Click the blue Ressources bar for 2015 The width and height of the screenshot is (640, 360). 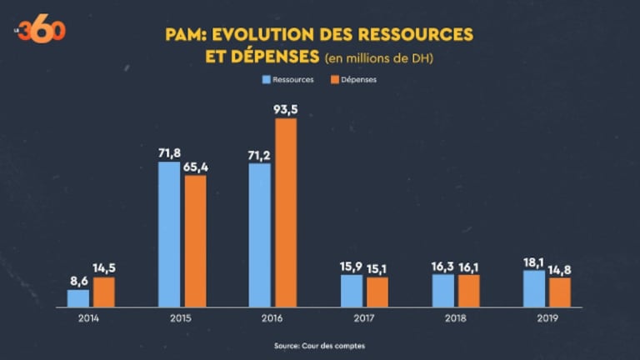168,234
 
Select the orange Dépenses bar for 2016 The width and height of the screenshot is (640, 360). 286,212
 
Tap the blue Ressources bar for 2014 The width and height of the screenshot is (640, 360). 77,298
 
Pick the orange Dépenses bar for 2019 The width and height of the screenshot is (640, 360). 560,292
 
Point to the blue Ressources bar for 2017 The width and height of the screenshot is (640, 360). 351,291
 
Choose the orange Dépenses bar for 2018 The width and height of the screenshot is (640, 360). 469,291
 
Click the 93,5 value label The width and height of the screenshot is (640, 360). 286,109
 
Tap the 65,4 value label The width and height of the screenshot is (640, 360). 195,167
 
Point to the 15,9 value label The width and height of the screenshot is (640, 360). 351,266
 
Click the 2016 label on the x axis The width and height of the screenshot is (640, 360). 272,317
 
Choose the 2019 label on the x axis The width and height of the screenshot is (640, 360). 547,317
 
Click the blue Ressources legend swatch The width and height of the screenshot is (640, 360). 267,80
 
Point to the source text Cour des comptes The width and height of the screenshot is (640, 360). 320,346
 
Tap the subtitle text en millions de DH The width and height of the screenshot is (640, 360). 377,57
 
